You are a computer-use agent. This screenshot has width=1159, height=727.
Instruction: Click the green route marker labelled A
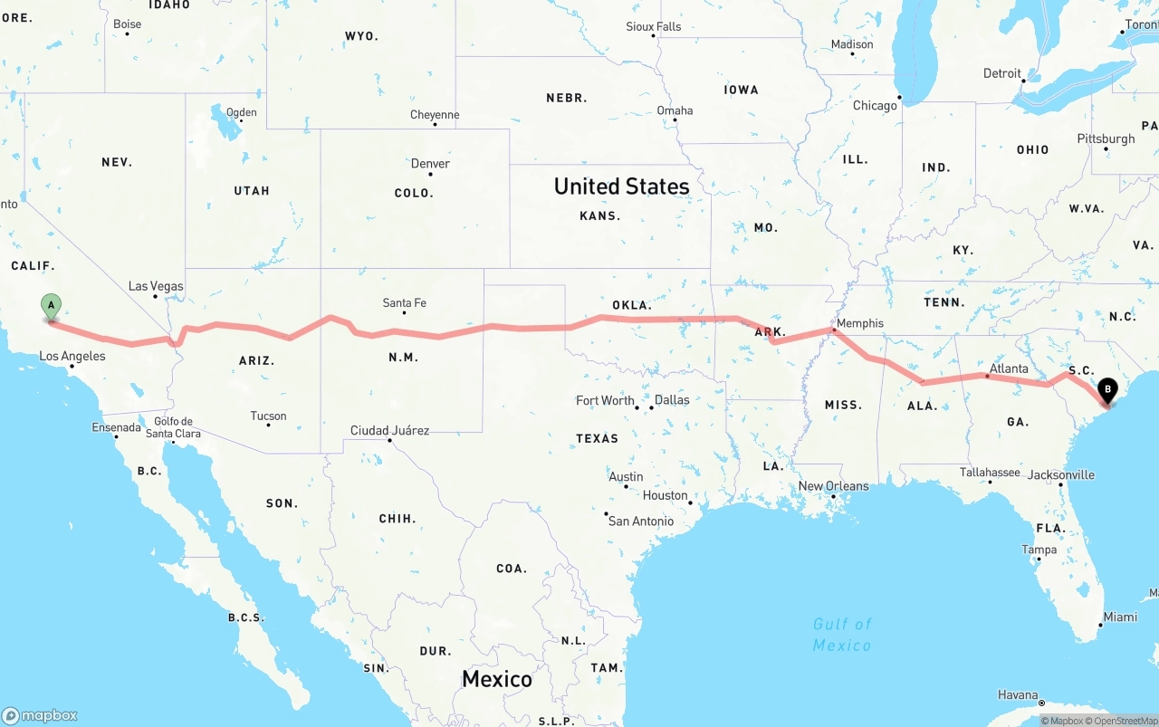click(52, 305)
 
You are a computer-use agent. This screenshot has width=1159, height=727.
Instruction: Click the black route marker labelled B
click(1107, 390)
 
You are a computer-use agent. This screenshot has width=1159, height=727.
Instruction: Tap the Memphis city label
click(859, 323)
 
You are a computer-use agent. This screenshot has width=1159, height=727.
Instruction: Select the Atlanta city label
click(1008, 368)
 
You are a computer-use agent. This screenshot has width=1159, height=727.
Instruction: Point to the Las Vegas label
click(156, 286)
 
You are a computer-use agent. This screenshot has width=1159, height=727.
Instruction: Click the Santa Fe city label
click(404, 302)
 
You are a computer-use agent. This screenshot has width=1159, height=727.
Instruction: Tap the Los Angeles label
click(72, 356)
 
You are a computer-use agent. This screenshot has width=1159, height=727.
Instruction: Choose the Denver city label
click(430, 164)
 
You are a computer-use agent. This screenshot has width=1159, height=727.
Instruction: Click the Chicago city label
click(875, 106)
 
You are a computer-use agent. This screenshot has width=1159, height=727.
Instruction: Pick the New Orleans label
click(833, 486)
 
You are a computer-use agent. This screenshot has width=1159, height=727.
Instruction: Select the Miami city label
click(1120, 617)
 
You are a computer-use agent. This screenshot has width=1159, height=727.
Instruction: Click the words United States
click(621, 187)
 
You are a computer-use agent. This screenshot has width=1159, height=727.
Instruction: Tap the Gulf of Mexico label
click(842, 634)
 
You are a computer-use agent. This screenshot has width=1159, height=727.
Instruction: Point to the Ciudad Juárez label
click(389, 430)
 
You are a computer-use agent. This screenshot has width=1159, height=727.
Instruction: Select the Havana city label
click(1018, 695)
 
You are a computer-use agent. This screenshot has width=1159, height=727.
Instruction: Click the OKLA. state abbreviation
click(631, 305)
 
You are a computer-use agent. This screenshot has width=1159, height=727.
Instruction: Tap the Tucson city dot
click(268, 425)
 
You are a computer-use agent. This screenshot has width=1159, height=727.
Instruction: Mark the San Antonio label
click(641, 521)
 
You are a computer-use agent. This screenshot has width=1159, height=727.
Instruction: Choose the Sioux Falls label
click(653, 26)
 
